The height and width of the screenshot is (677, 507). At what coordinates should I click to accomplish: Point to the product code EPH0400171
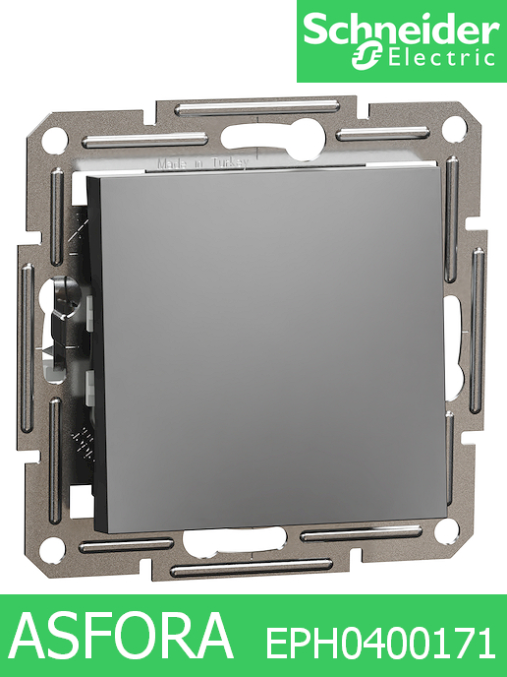tap(381, 645)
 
